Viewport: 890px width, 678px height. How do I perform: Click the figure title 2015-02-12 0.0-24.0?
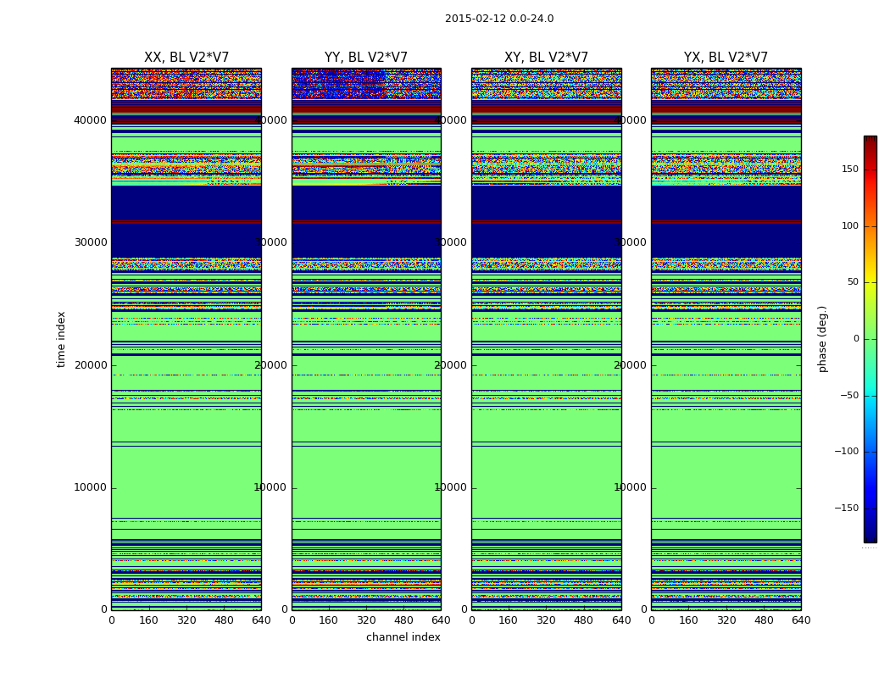click(499, 19)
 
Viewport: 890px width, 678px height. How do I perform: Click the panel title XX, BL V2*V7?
click(186, 58)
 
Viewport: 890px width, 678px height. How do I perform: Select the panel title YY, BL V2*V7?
click(366, 58)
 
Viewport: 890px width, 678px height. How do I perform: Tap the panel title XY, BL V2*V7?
click(546, 58)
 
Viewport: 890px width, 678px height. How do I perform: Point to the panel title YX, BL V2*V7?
click(726, 58)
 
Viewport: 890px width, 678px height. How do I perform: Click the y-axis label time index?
click(61, 338)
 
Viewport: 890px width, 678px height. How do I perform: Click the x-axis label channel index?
click(403, 637)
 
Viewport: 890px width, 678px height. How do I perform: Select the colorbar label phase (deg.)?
click(822, 339)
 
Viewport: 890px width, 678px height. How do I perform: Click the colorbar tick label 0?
click(879, 339)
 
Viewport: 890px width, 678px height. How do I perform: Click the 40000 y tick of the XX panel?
click(90, 120)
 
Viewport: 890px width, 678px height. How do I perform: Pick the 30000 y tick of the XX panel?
click(90, 242)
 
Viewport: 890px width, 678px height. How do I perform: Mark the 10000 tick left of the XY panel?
click(450, 487)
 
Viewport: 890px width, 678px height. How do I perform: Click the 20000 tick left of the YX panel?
click(630, 365)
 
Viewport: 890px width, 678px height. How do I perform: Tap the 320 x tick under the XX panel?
click(186, 620)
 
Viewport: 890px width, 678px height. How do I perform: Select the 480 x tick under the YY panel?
click(403, 620)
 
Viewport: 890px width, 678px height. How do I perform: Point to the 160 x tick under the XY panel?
click(509, 620)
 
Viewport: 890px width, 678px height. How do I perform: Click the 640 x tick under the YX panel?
click(801, 620)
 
